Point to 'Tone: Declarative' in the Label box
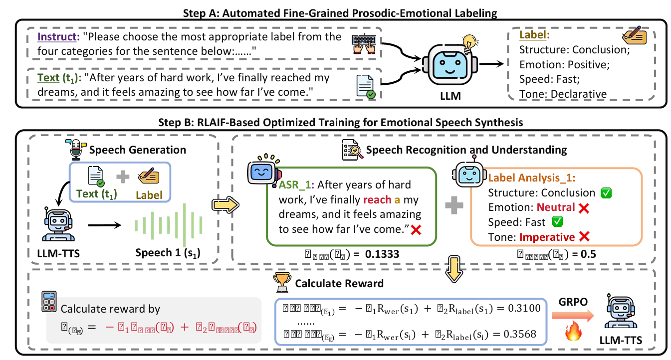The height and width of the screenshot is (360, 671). [563, 94]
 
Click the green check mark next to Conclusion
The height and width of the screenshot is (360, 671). [606, 192]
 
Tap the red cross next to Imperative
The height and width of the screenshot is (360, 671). [585, 237]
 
